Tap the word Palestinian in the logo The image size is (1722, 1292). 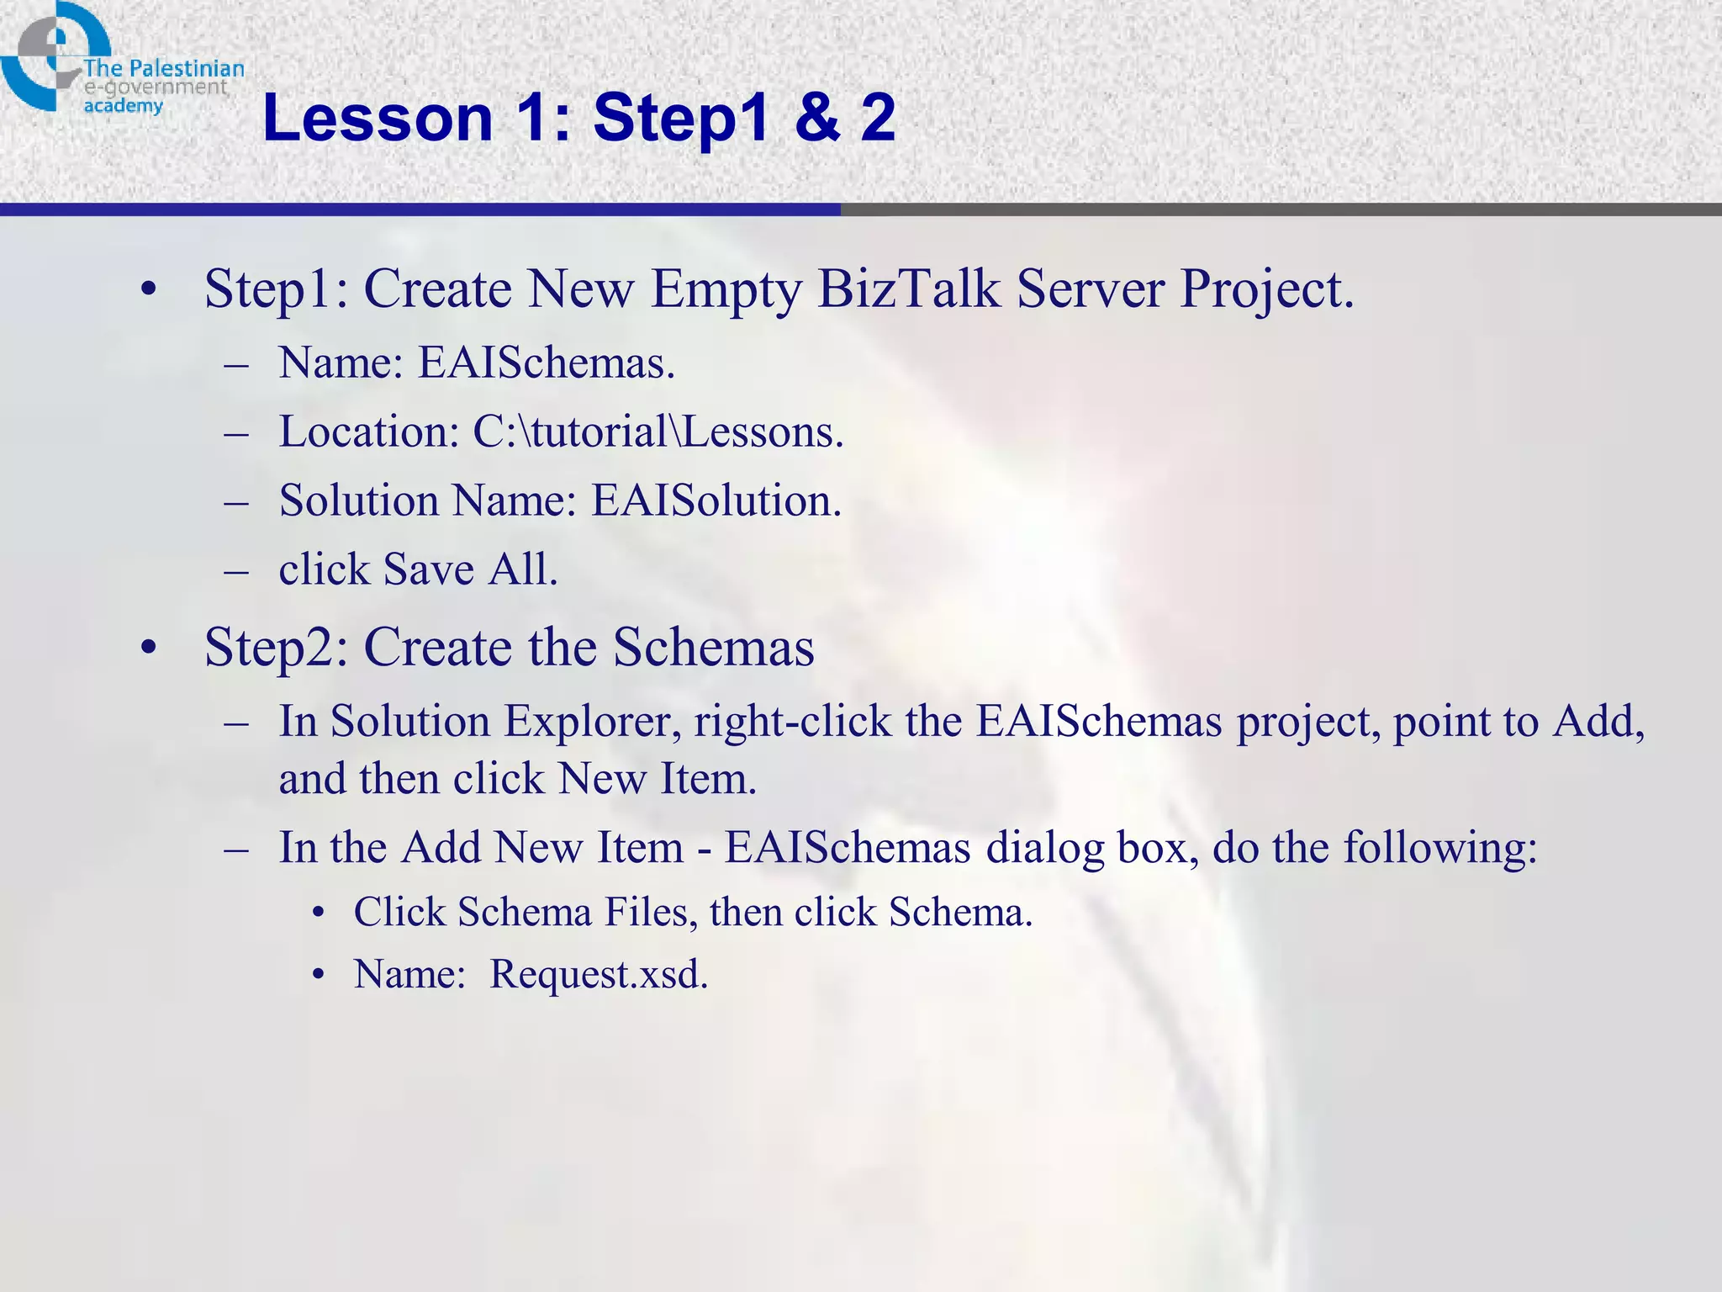tap(186, 68)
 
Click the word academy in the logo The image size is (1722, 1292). tap(123, 106)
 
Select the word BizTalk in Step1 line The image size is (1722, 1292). tap(909, 289)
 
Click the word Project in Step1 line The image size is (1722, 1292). tap(1266, 289)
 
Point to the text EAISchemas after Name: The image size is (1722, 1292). tap(547, 363)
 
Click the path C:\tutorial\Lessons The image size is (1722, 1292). tap(658, 432)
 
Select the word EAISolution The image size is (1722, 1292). tap(716, 501)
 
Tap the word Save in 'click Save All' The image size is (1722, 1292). tap(429, 570)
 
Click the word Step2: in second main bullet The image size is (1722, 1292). tap(276, 648)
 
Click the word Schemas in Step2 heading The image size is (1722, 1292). tap(713, 648)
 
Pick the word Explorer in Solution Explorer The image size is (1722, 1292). tap(592, 722)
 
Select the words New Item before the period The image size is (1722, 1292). tap(657, 779)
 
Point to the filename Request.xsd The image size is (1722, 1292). tap(599, 975)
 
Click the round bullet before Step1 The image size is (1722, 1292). tap(149, 289)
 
